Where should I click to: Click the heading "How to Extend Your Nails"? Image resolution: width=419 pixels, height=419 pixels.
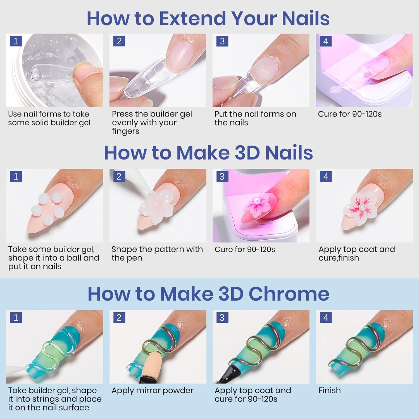[208, 18]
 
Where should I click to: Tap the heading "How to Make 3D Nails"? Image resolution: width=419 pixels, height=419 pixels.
[208, 153]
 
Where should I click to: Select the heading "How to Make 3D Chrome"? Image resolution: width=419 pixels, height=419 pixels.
[208, 294]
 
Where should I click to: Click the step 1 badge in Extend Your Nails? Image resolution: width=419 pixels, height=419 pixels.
[16, 41]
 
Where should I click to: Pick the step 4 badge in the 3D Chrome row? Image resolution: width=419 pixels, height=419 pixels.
[326, 318]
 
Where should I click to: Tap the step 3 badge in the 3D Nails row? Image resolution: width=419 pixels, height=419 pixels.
[222, 176]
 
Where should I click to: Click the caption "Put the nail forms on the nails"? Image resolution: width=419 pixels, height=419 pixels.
[255, 118]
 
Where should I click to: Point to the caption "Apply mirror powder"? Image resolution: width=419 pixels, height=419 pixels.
[152, 391]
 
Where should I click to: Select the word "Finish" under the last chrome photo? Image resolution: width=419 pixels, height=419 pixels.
[330, 390]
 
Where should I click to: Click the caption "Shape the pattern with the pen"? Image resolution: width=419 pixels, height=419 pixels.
[157, 253]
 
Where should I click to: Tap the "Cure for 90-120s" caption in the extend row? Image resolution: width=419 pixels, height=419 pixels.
[350, 114]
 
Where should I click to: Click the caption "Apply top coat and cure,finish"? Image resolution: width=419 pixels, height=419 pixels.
[357, 253]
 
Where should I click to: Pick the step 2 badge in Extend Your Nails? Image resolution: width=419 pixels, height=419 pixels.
[119, 41]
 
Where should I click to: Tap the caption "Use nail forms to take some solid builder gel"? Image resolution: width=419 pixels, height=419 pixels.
[49, 118]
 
